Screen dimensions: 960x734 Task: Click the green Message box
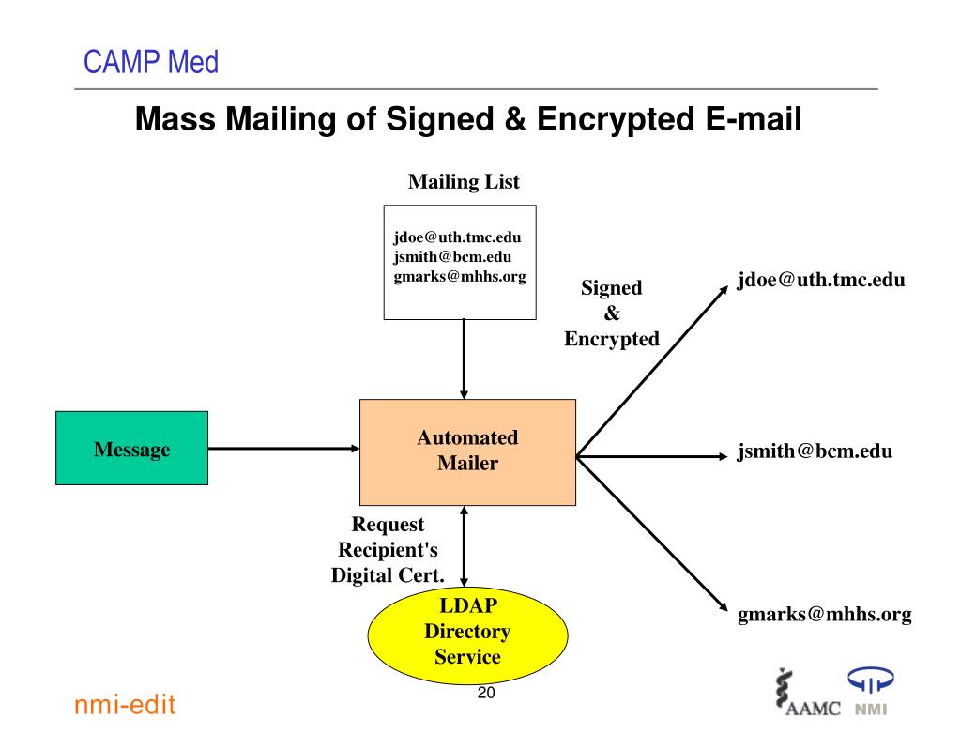coord(131,448)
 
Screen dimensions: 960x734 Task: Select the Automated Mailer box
coord(467,452)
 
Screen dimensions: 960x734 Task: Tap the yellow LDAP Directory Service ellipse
coord(467,635)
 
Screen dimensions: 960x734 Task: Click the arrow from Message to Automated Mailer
coord(283,449)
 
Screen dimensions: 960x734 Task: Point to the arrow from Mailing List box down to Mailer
coord(465,359)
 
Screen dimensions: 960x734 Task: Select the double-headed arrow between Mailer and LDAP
coord(465,546)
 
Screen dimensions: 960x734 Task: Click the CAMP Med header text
coord(150,62)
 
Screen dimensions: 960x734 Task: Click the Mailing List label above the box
coord(464,182)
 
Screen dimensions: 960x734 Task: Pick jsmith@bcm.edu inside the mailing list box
coord(452,257)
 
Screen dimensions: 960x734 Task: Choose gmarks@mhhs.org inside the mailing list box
coord(460,277)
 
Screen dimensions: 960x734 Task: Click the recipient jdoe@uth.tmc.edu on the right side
coord(821,281)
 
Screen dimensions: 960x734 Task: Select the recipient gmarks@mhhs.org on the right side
coord(825,614)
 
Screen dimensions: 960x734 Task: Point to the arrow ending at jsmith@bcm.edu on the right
coord(651,457)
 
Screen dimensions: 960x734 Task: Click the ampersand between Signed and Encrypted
coord(612,313)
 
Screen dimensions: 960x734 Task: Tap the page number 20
coord(486,693)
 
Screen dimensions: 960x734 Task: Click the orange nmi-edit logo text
coord(125,705)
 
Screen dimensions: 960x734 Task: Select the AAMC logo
coord(807,693)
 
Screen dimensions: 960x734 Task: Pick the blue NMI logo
coord(871,691)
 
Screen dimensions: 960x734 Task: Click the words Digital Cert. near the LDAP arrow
coord(388,575)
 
